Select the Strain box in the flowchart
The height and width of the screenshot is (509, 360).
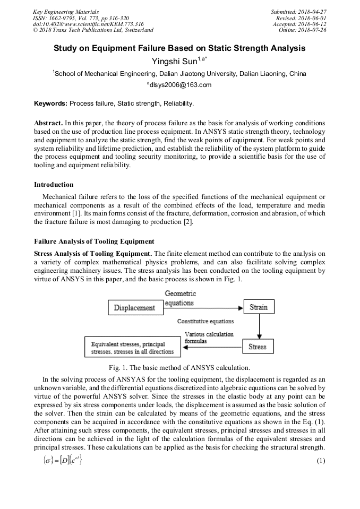click(258, 307)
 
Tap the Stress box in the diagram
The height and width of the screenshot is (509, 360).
click(258, 347)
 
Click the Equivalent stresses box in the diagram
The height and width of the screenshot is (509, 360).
click(132, 348)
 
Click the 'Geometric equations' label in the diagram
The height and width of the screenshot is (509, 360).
click(180, 298)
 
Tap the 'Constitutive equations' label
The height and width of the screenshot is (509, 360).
click(205, 321)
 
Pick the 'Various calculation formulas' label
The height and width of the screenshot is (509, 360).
click(208, 337)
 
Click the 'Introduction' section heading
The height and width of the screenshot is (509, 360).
click(54, 185)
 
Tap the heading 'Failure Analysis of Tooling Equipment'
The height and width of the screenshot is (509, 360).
click(94, 241)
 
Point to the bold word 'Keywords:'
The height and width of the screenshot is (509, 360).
click(50, 103)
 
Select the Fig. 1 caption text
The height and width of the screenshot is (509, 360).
click(179, 368)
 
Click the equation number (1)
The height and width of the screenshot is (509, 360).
click(320, 461)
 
